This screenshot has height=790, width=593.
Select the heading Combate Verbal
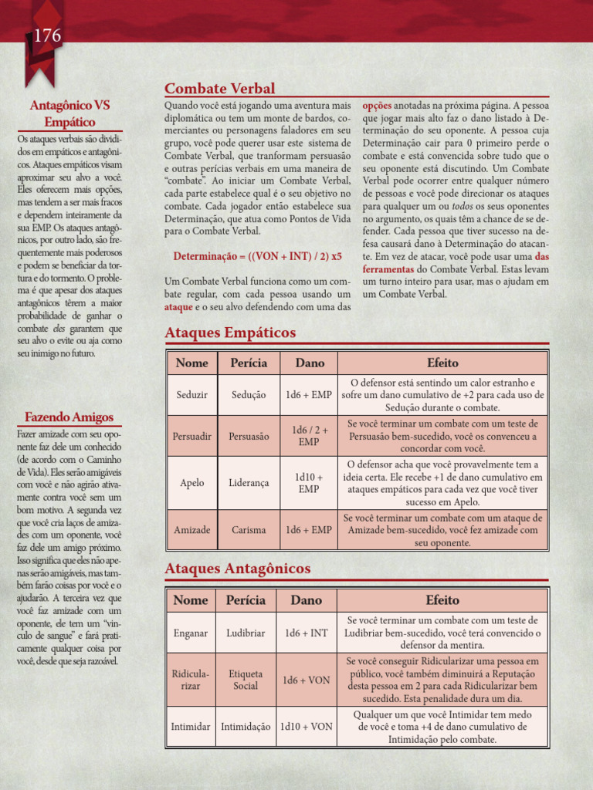coord(219,89)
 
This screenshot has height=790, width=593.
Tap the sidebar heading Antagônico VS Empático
coord(69,113)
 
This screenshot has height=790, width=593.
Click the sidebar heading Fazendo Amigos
coord(69,417)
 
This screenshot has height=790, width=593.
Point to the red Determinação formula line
coord(257,255)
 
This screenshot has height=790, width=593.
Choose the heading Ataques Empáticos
coord(230,333)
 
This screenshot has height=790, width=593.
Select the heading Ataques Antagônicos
coord(238,569)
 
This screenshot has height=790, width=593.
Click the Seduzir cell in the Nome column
coord(191,394)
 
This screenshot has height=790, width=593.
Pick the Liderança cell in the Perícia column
coord(249,482)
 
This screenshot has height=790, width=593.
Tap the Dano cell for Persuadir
coord(308,436)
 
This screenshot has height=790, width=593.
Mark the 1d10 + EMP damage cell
coord(308,482)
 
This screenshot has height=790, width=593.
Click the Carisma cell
coord(249,530)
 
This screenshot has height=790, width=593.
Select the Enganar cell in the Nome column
coord(191,633)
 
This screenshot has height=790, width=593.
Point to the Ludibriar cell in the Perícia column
coord(246,633)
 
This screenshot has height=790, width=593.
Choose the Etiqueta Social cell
coord(246,680)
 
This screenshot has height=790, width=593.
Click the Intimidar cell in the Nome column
coord(191,727)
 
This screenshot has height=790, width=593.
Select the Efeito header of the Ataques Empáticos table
coord(442,363)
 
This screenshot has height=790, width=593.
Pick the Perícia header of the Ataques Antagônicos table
coord(246,599)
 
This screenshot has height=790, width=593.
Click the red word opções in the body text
coord(377,105)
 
